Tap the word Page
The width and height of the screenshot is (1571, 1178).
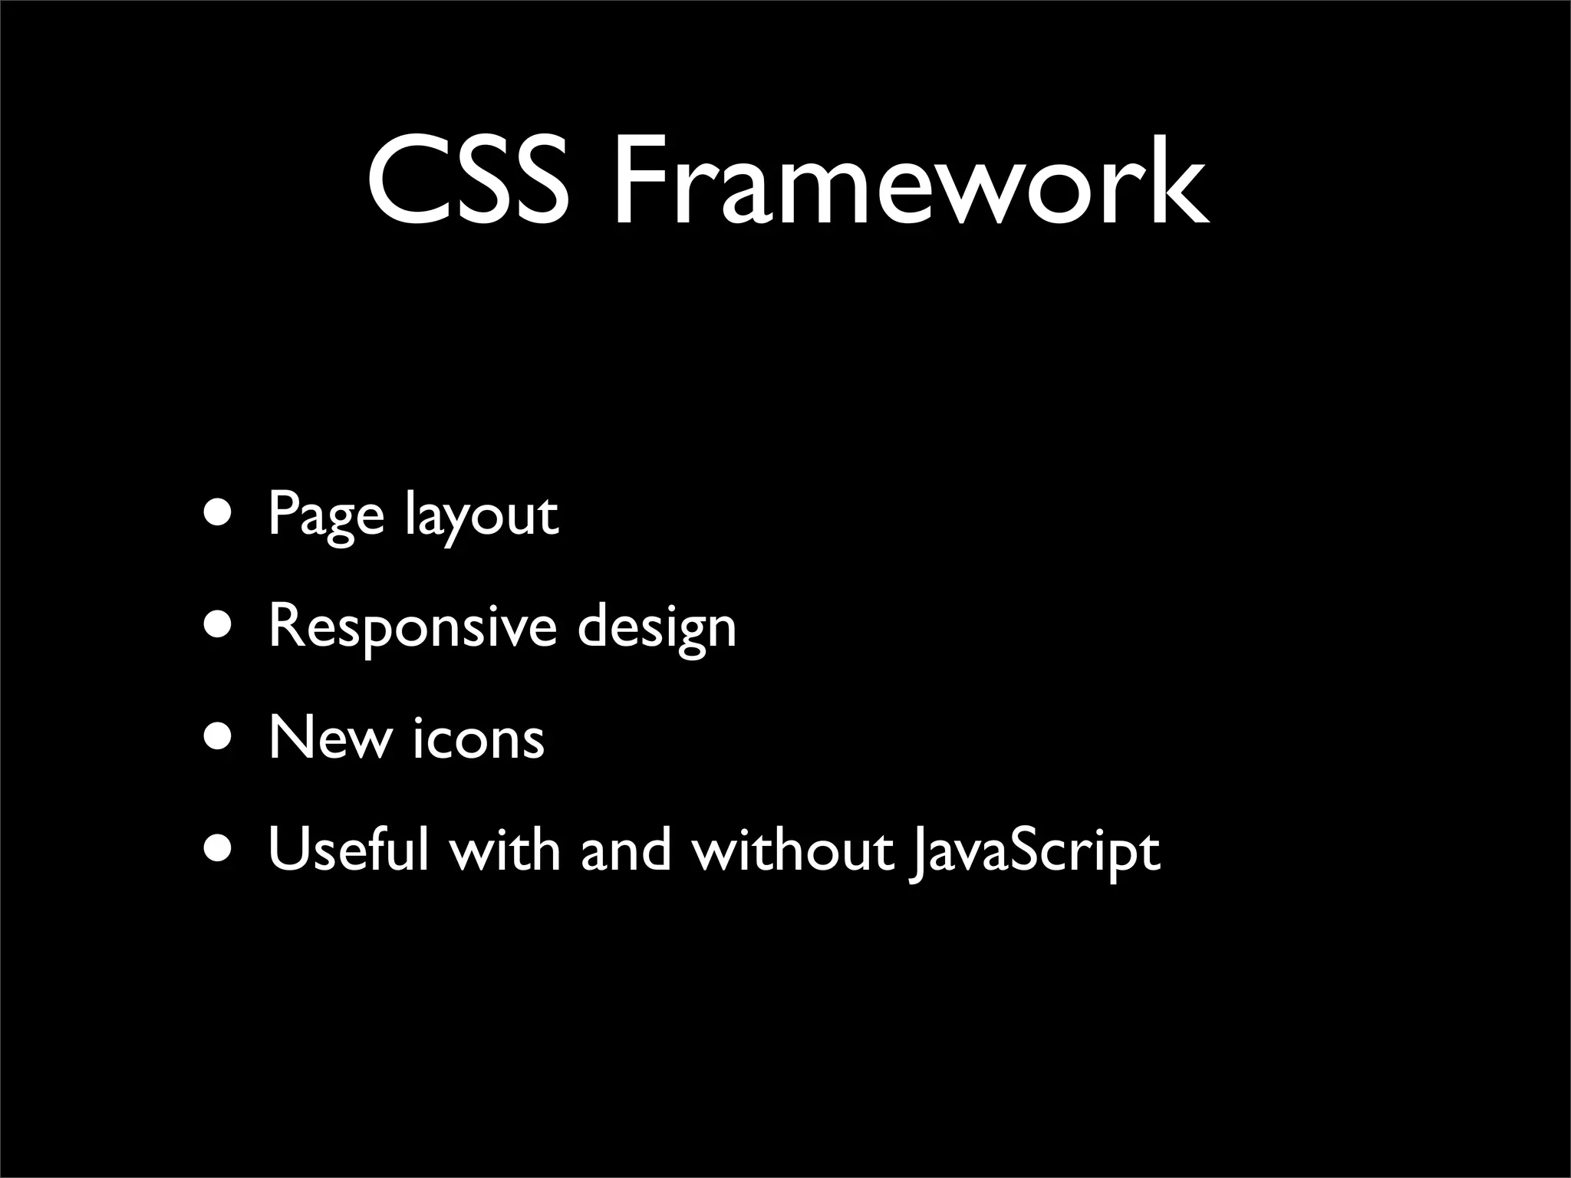325,515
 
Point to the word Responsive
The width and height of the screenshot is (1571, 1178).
412,627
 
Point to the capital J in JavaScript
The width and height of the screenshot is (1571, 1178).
917,853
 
